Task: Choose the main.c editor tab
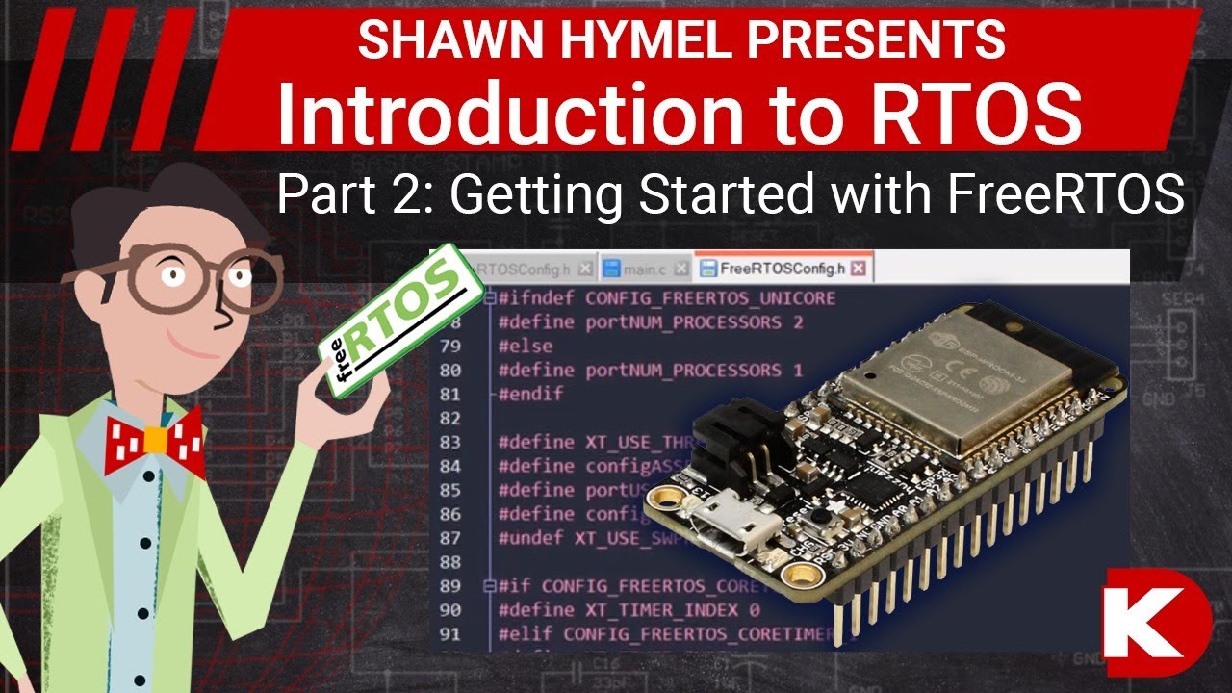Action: (x=644, y=268)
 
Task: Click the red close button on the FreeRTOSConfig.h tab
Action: (x=859, y=268)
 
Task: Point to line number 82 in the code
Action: (x=450, y=418)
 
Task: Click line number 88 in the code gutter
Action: (x=450, y=561)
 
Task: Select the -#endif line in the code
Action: (x=529, y=394)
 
